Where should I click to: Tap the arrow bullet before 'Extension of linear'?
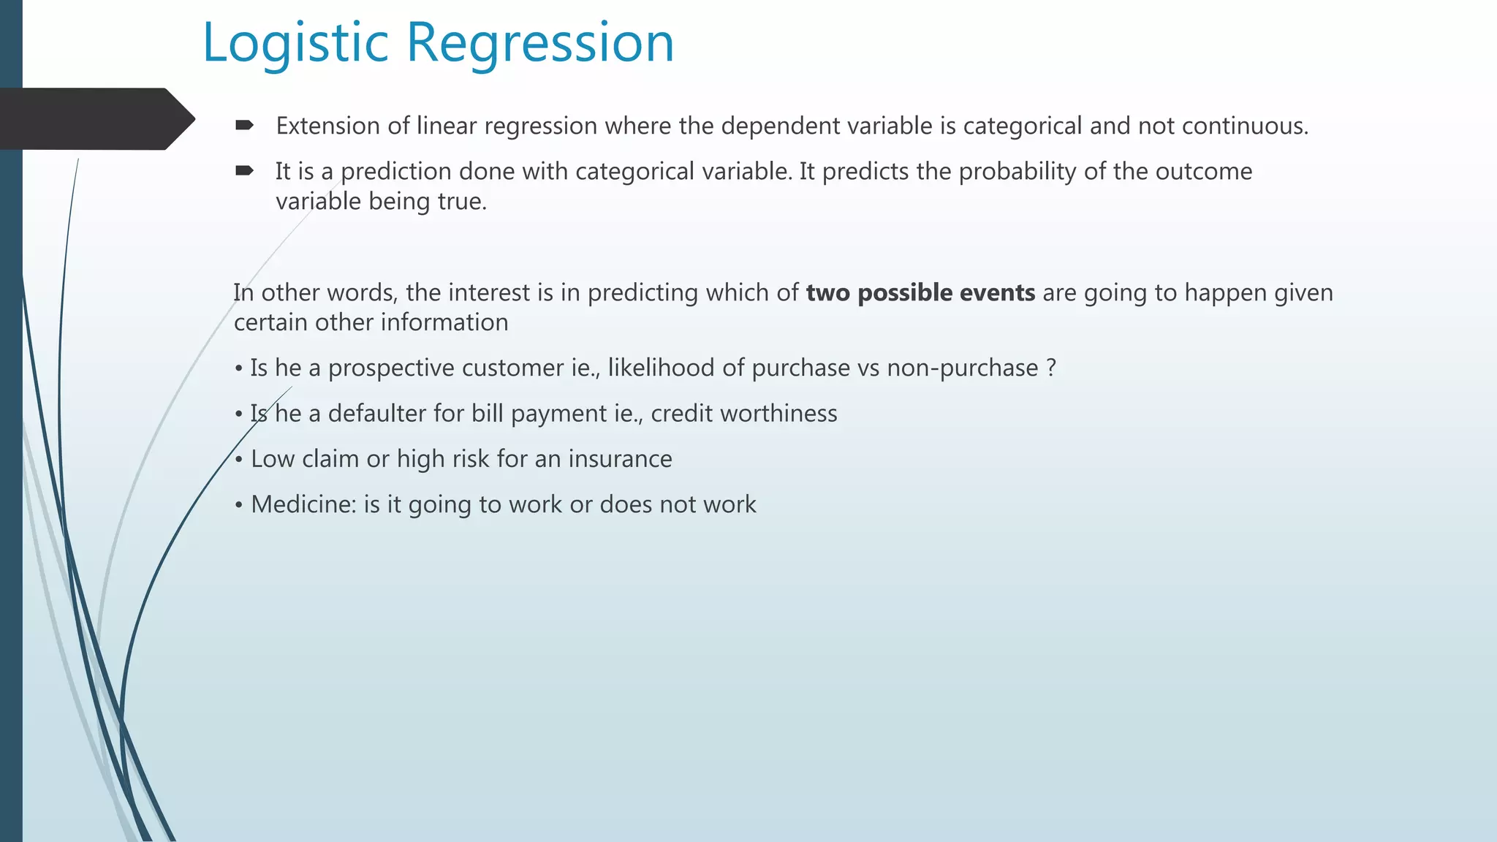click(x=244, y=126)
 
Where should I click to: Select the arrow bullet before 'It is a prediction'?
click(x=244, y=171)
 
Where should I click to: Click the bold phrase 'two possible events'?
click(x=920, y=292)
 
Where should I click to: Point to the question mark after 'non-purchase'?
click(x=1051, y=368)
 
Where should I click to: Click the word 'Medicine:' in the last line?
click(x=303, y=504)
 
